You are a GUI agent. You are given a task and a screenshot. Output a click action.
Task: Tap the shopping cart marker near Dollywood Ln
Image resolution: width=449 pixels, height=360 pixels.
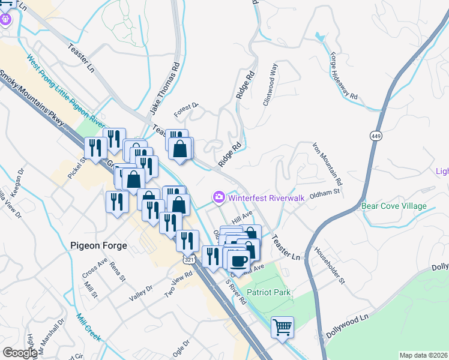point(282,328)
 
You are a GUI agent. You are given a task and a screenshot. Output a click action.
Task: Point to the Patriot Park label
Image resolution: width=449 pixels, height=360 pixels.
point(269,293)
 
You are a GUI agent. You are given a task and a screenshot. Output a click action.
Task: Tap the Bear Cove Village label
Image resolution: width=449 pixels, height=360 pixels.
point(394,206)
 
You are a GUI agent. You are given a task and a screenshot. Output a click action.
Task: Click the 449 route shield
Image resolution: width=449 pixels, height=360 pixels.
point(376,136)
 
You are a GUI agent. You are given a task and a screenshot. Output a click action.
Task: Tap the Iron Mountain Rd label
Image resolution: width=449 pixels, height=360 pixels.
point(328,163)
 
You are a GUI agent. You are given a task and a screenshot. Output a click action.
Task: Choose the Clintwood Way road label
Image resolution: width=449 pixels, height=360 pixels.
point(270,85)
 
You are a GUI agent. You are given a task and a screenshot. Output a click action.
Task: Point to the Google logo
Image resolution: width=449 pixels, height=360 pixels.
point(20,352)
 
